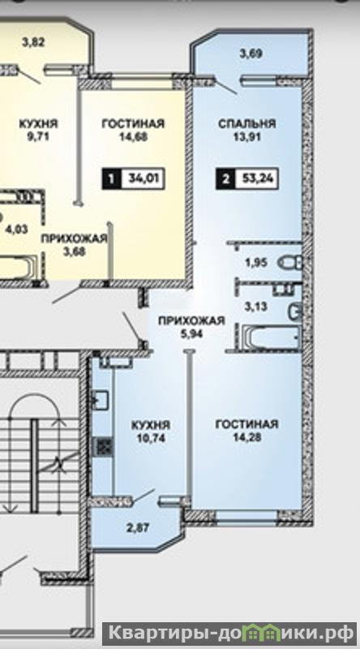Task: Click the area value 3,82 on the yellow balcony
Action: click(33, 42)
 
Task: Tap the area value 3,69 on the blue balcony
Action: click(251, 54)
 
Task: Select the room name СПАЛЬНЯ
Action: click(247, 123)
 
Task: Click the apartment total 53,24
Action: click(255, 179)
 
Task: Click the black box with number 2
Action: click(225, 179)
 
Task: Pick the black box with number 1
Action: click(111, 179)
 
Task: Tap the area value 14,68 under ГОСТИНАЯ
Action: click(133, 136)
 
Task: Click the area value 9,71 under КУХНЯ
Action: click(38, 136)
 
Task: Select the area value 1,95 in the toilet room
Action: click(256, 262)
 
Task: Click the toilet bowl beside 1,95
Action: click(290, 262)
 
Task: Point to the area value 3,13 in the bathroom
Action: click(255, 307)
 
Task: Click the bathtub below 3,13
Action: click(271, 337)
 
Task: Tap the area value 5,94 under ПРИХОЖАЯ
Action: click(191, 333)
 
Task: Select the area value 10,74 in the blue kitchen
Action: click(151, 438)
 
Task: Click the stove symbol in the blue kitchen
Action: click(103, 448)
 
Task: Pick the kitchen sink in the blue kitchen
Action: click(100, 399)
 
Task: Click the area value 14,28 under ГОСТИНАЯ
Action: click(246, 437)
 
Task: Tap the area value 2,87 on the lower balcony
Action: click(138, 528)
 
